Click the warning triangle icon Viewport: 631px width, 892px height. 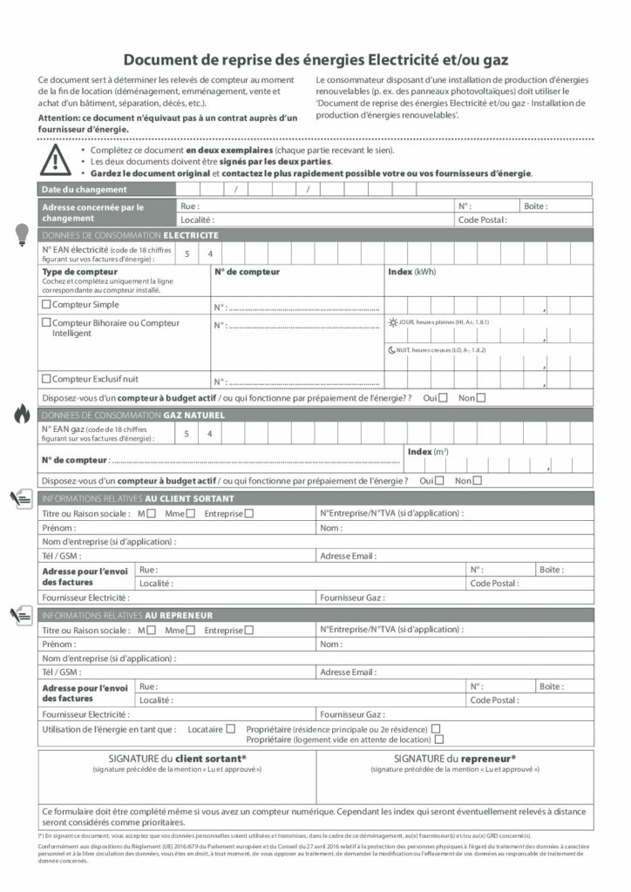pos(56,159)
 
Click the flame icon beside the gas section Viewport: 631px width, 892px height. pos(22,415)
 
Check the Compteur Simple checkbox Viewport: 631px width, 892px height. pos(46,305)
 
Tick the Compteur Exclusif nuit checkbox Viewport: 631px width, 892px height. pos(46,379)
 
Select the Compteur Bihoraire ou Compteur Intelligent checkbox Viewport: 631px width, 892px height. pos(46,323)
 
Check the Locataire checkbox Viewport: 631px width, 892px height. pos(231,729)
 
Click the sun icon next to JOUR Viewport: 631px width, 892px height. pos(392,322)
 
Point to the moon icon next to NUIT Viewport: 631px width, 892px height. pos(392,350)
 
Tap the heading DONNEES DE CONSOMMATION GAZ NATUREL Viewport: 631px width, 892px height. pos(133,416)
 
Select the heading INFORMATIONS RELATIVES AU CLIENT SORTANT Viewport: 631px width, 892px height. pos(138,499)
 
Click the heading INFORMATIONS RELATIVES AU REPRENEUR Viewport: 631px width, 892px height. pos(127,616)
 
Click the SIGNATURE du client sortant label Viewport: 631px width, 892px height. pos(177,759)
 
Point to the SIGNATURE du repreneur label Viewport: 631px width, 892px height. pos(454,759)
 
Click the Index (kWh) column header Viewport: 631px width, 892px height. pos(412,272)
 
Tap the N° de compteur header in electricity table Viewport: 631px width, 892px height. pos(247,272)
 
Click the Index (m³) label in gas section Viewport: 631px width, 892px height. pos(428,451)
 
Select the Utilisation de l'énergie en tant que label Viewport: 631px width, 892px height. pos(109,729)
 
